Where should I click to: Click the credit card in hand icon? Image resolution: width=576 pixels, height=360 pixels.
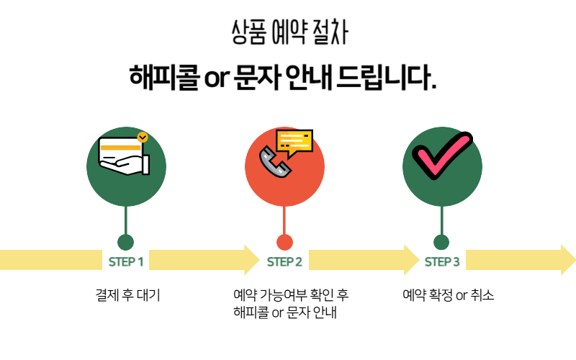[x=124, y=154]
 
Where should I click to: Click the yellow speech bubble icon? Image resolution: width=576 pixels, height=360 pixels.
[x=294, y=143]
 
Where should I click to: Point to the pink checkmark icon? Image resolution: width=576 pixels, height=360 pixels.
[x=441, y=157]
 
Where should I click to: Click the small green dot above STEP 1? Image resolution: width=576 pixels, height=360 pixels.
[x=126, y=242]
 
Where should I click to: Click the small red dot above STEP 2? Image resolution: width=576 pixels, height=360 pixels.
[x=284, y=242]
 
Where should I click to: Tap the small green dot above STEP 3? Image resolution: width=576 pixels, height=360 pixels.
[x=441, y=242]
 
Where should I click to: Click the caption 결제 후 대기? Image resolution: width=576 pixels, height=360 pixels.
[x=127, y=295]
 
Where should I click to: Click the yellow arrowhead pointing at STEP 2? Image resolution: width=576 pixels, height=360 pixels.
[x=251, y=260]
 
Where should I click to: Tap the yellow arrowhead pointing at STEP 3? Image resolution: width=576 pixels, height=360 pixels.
[x=411, y=260]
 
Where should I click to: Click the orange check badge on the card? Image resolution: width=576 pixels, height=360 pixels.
[x=143, y=136]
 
